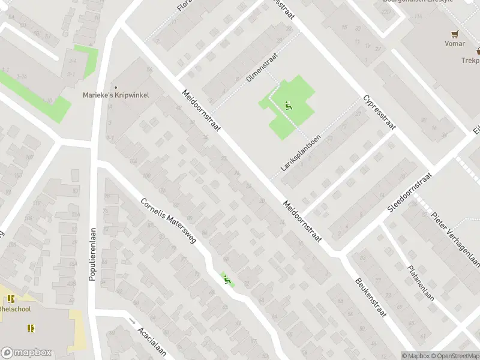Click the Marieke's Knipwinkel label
click(x=115, y=95)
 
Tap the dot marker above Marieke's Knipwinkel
click(x=116, y=86)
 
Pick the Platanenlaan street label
click(x=421, y=283)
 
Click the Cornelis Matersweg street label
click(x=169, y=223)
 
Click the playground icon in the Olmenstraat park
click(x=289, y=106)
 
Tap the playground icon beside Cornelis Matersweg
click(x=227, y=280)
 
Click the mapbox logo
click(x=26, y=353)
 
